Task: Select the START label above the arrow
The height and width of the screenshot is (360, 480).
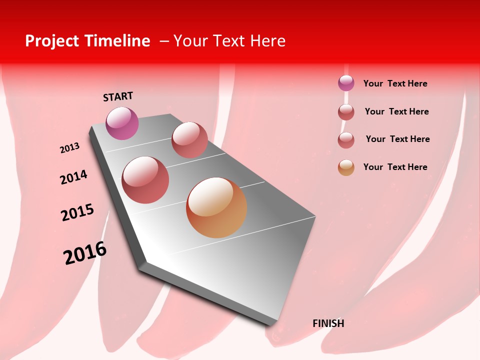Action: (118, 96)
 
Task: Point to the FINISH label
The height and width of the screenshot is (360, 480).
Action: (328, 323)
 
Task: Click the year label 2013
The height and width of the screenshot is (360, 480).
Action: (69, 148)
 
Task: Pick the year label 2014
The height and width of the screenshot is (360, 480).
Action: (73, 177)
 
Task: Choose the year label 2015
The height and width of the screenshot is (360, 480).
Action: (77, 212)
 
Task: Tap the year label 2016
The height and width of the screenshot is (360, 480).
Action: (85, 253)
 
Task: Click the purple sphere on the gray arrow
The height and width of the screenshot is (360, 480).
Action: (122, 123)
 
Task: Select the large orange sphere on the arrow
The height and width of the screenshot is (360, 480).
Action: (216, 207)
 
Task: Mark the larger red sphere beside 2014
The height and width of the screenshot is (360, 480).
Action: (145, 180)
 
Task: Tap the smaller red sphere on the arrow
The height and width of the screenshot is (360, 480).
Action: (189, 140)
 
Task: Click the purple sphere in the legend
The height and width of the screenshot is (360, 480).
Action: (346, 83)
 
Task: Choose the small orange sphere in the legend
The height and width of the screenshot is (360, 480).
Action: (346, 167)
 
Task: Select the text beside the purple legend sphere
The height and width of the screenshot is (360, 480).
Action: (395, 83)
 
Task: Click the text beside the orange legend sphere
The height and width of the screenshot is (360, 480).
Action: (395, 167)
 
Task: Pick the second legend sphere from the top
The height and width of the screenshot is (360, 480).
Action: (346, 112)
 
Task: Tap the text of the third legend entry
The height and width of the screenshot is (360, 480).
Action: (397, 139)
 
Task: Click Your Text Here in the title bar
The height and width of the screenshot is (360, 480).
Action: (229, 41)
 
